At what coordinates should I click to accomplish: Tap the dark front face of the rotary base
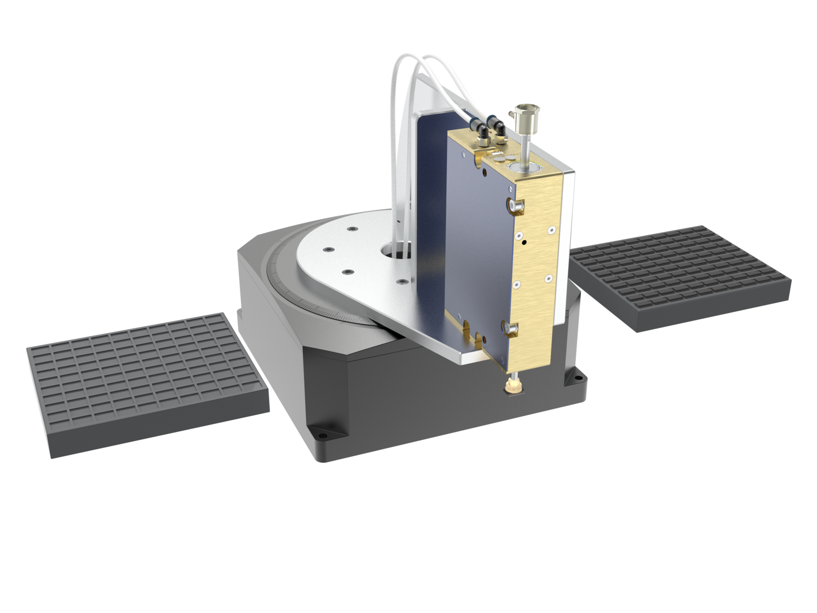pyautogui.click(x=434, y=409)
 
